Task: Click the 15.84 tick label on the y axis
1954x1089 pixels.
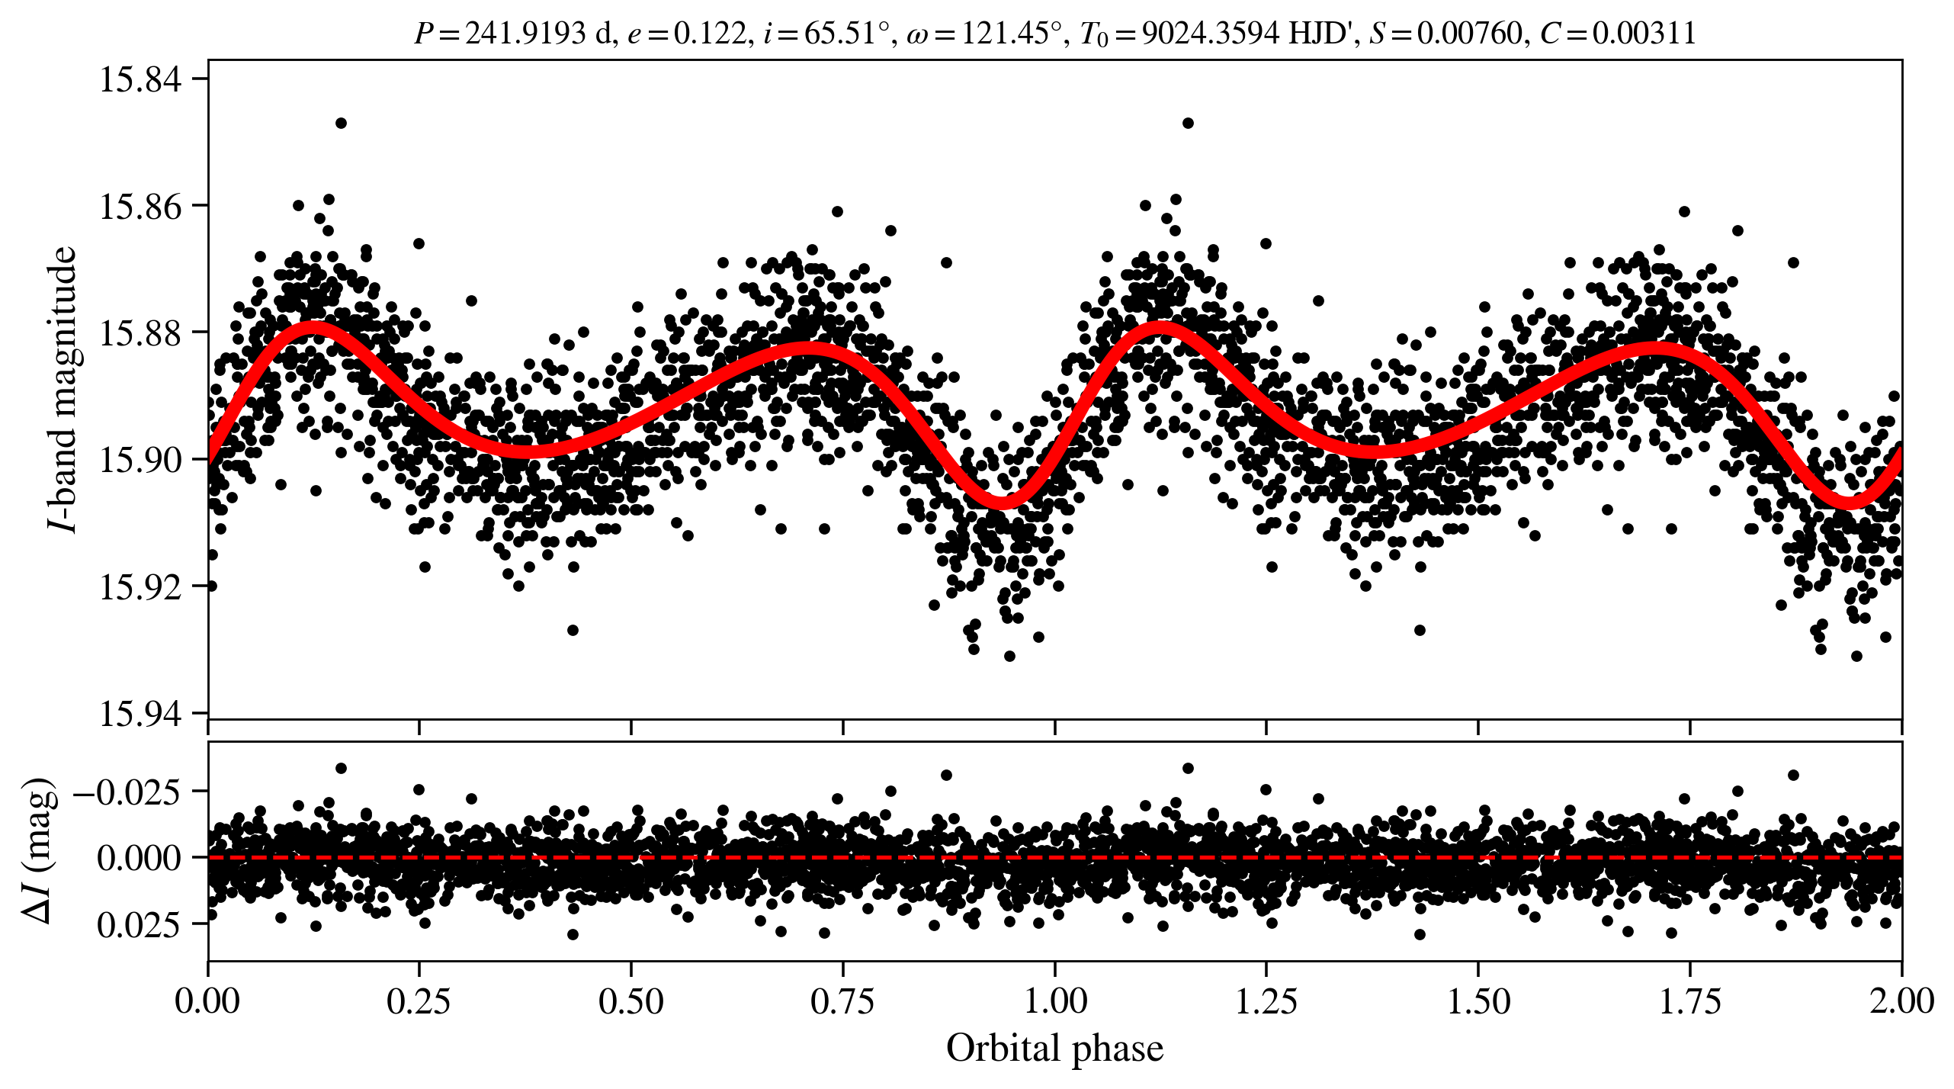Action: coord(141,79)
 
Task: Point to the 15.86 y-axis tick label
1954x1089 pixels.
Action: coord(141,207)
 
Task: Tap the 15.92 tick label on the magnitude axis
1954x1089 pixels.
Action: coord(141,587)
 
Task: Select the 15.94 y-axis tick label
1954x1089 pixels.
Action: coord(141,715)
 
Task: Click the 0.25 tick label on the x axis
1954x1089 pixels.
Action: coord(419,1001)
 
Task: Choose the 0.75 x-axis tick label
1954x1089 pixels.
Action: coord(842,1001)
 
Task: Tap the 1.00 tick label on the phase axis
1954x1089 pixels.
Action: coord(1054,1001)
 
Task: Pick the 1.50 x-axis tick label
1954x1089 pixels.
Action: coord(1478,1001)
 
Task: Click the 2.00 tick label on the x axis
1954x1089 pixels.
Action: coord(1901,1001)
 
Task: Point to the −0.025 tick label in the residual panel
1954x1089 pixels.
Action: coord(127,792)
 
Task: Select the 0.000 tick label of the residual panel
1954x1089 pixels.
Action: coord(140,858)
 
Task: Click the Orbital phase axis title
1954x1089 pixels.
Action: coord(1054,1049)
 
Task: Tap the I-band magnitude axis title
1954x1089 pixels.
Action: coord(63,389)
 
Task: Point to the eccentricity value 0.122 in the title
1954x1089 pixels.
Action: coord(710,34)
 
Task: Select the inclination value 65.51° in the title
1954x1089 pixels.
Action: coord(847,34)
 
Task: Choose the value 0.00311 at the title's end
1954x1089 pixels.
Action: coord(1644,34)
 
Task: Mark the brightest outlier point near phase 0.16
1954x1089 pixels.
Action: coord(341,123)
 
